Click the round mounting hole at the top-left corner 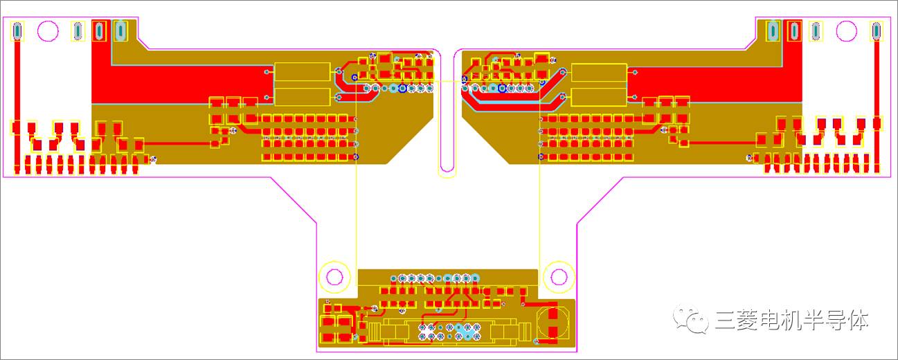(x=48, y=30)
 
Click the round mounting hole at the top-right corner (x=847, y=30)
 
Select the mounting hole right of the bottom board (x=559, y=277)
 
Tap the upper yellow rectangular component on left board (x=302, y=72)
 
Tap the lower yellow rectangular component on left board (x=302, y=96)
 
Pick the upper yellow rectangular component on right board (x=599, y=73)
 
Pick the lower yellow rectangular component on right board (x=599, y=97)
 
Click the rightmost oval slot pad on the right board (x=877, y=30)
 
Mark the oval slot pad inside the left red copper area (x=99, y=30)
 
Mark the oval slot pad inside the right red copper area (x=793, y=30)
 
